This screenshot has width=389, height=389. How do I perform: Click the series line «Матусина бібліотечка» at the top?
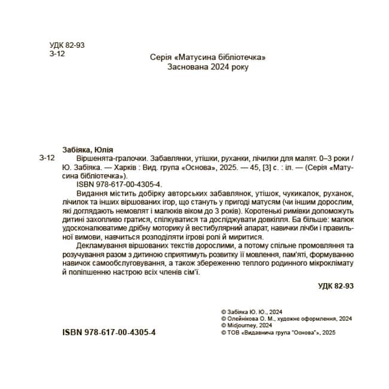click(206, 57)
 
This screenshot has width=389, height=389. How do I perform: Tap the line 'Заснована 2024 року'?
click(206, 67)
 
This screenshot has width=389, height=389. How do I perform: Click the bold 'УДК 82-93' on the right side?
click(336, 287)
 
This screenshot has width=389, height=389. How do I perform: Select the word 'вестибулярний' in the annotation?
click(218, 229)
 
